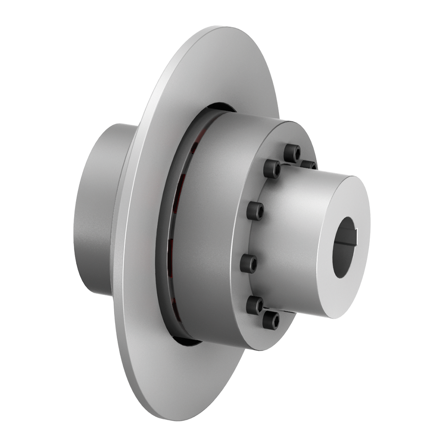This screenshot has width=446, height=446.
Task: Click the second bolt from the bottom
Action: click(x=255, y=305)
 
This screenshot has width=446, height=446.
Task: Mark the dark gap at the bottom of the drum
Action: click(x=187, y=341)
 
